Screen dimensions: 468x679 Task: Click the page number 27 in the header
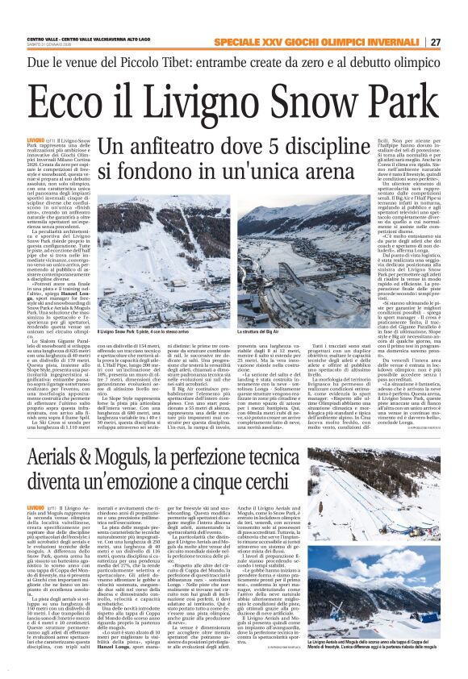click(x=436, y=42)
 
